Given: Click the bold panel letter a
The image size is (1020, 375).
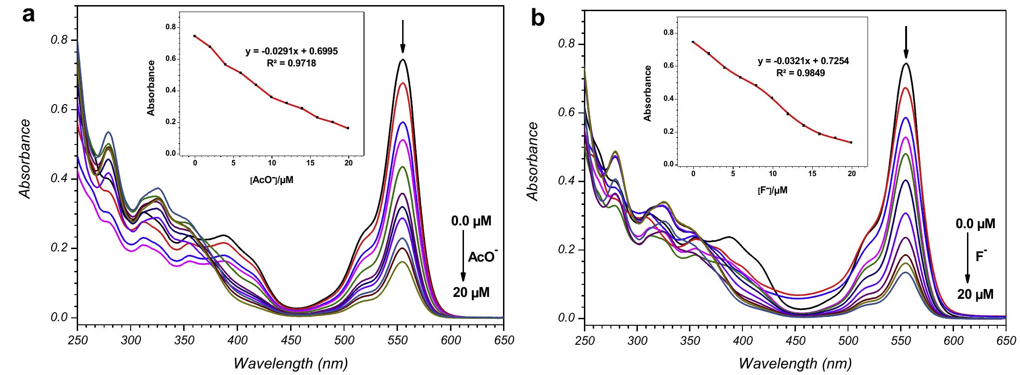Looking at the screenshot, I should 29,15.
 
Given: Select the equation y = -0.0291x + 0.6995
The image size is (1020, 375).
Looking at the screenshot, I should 291,52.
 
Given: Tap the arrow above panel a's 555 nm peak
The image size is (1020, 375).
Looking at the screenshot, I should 403,37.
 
